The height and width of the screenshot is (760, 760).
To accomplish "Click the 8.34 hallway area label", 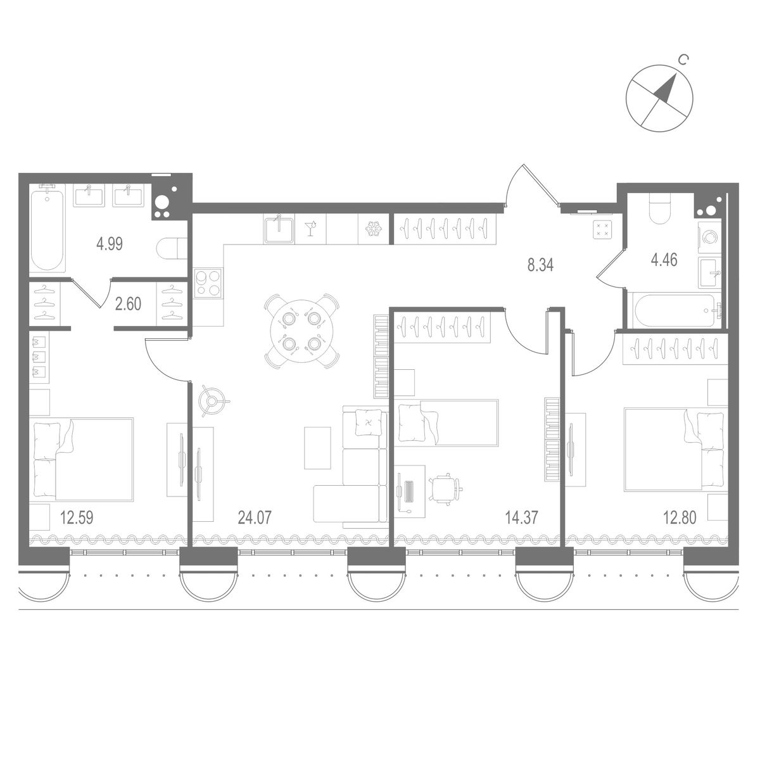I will (x=540, y=265).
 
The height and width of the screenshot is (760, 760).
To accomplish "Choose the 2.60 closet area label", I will (x=129, y=303).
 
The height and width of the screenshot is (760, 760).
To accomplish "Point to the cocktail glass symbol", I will (x=311, y=229).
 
